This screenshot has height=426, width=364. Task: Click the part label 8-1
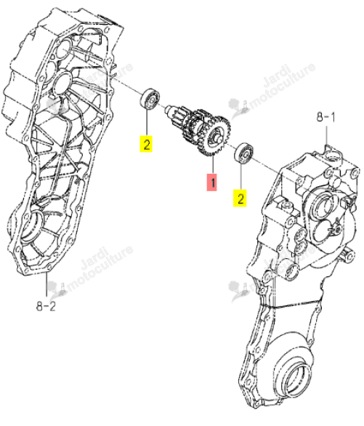325,117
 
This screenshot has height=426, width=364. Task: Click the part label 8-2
46,307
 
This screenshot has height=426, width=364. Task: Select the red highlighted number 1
212,182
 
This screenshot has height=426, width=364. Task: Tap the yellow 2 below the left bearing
146,144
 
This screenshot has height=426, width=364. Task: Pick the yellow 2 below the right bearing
240,198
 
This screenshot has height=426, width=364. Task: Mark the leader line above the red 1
213,165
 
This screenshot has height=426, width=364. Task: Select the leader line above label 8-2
46,284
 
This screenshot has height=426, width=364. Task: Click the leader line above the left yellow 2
147,123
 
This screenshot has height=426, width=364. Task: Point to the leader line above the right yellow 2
240,176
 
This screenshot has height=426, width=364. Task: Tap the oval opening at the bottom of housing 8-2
33,225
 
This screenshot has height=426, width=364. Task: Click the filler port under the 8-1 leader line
333,156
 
